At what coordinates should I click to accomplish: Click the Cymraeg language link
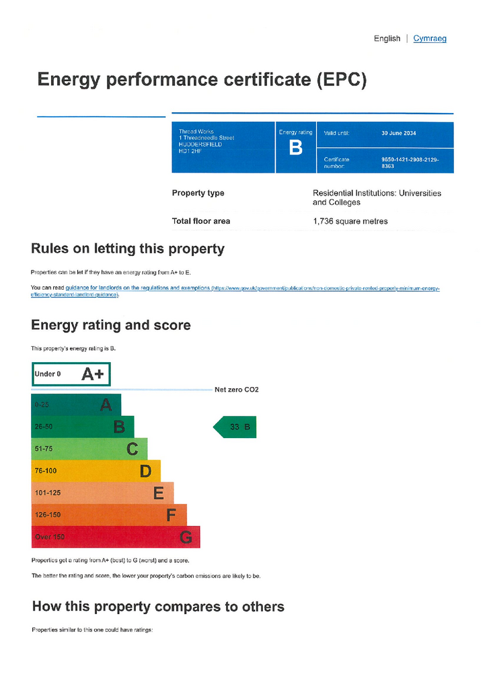429,38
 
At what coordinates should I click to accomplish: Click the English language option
387,38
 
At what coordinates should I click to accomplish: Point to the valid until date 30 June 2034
398,133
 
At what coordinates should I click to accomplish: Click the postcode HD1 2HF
190,150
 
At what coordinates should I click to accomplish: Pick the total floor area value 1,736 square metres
350,221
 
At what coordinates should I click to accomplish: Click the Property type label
198,193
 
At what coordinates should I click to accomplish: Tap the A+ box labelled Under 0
71,374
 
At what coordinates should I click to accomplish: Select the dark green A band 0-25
76,404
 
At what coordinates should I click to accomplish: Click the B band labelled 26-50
83,427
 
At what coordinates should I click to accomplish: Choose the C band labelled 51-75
89,449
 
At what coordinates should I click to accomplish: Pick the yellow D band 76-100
96,471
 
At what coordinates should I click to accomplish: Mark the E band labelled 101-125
102,493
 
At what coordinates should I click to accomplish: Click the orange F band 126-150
109,515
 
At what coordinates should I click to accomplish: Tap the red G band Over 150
116,537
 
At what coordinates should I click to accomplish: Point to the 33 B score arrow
236,427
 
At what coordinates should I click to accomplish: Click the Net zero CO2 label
236,390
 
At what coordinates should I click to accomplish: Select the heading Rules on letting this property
127,249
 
